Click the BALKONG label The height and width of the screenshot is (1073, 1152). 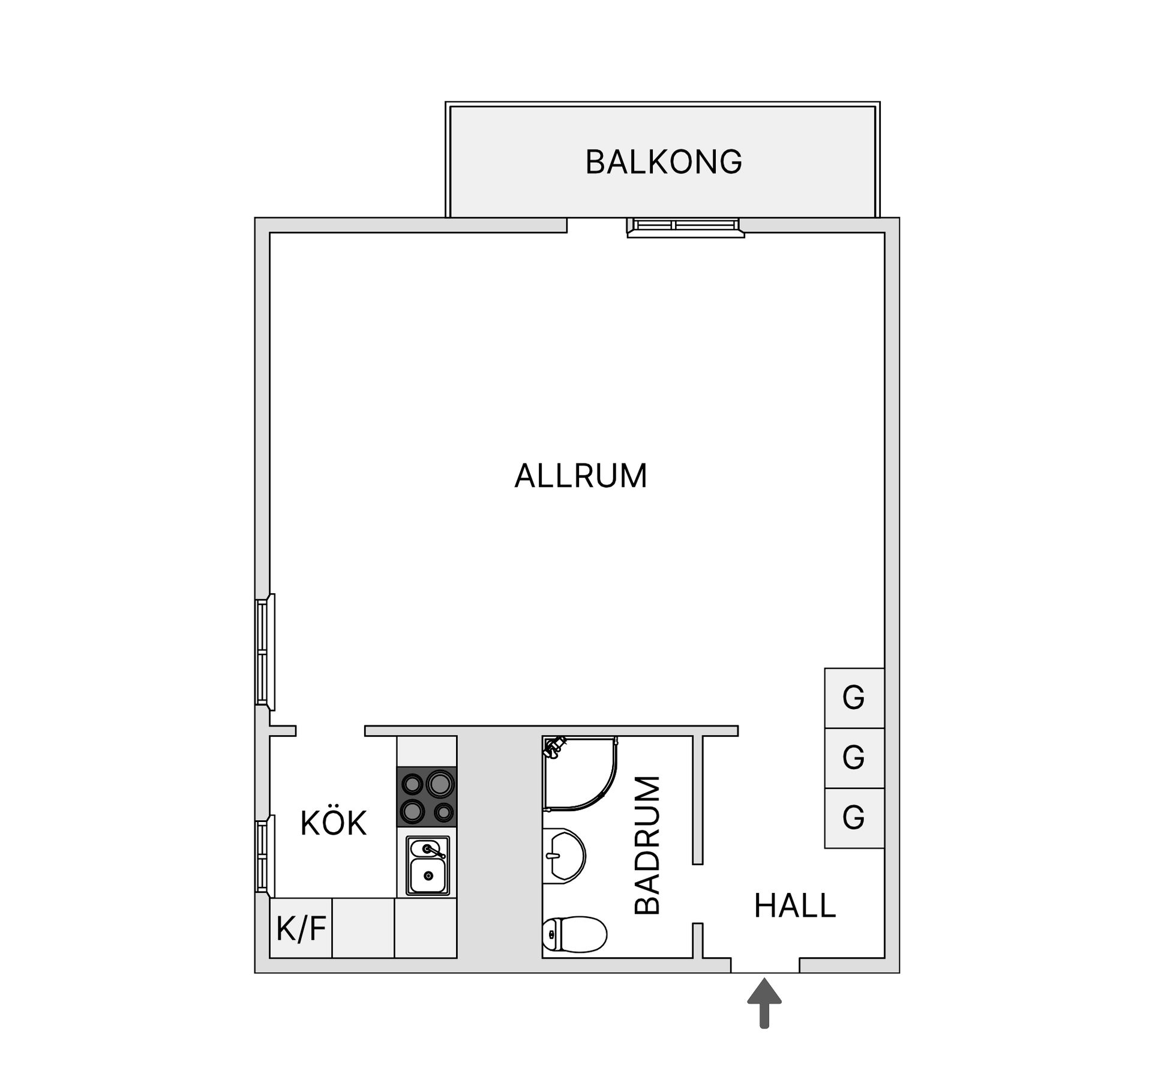[x=664, y=162]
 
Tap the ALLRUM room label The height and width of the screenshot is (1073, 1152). [x=580, y=476]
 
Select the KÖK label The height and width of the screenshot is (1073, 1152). [x=333, y=823]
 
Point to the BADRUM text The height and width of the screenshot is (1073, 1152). [x=647, y=845]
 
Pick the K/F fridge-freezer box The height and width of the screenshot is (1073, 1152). [x=301, y=928]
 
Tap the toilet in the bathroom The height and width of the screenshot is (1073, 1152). [x=574, y=934]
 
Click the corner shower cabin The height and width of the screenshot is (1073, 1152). [x=578, y=773]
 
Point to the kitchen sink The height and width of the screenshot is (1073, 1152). [x=427, y=866]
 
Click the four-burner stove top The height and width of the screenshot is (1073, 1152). [x=427, y=797]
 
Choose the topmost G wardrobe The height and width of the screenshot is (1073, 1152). [x=854, y=698]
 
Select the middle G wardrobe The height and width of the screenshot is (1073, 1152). [x=854, y=758]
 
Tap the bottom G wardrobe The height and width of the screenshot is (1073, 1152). [x=854, y=817]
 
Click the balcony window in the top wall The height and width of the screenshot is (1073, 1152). [x=685, y=226]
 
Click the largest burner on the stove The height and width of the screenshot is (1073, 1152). [x=440, y=784]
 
